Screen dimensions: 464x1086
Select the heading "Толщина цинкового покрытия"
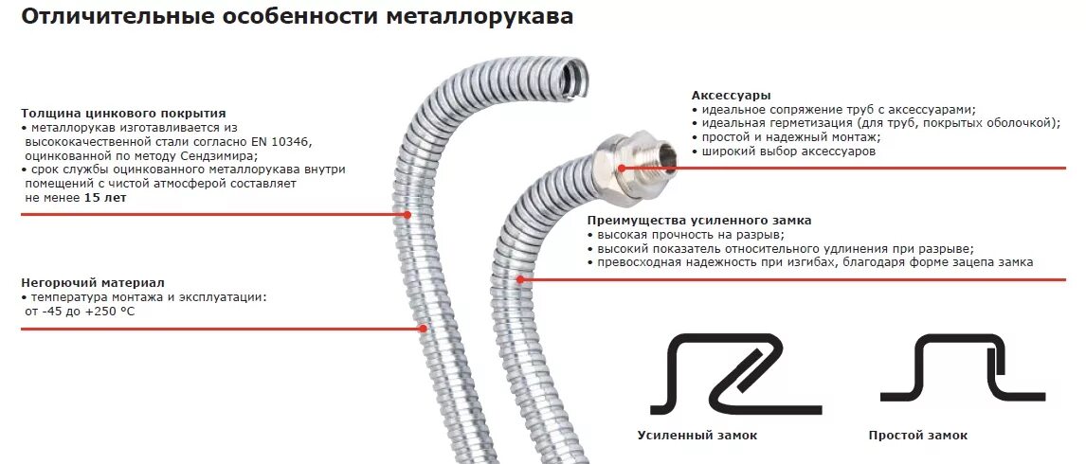[123, 114]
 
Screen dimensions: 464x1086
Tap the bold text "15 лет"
[105, 198]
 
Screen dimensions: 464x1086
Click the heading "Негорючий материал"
[92, 282]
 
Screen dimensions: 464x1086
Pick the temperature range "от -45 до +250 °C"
[81, 311]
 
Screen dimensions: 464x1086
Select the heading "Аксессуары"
[731, 96]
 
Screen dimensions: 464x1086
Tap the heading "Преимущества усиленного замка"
[698, 221]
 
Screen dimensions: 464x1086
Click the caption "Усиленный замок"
[697, 436]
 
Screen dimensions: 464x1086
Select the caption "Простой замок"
[917, 436]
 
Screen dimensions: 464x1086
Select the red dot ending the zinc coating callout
[407, 214]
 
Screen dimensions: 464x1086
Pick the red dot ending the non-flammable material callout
[423, 329]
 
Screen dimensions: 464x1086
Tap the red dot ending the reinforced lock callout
[520, 279]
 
